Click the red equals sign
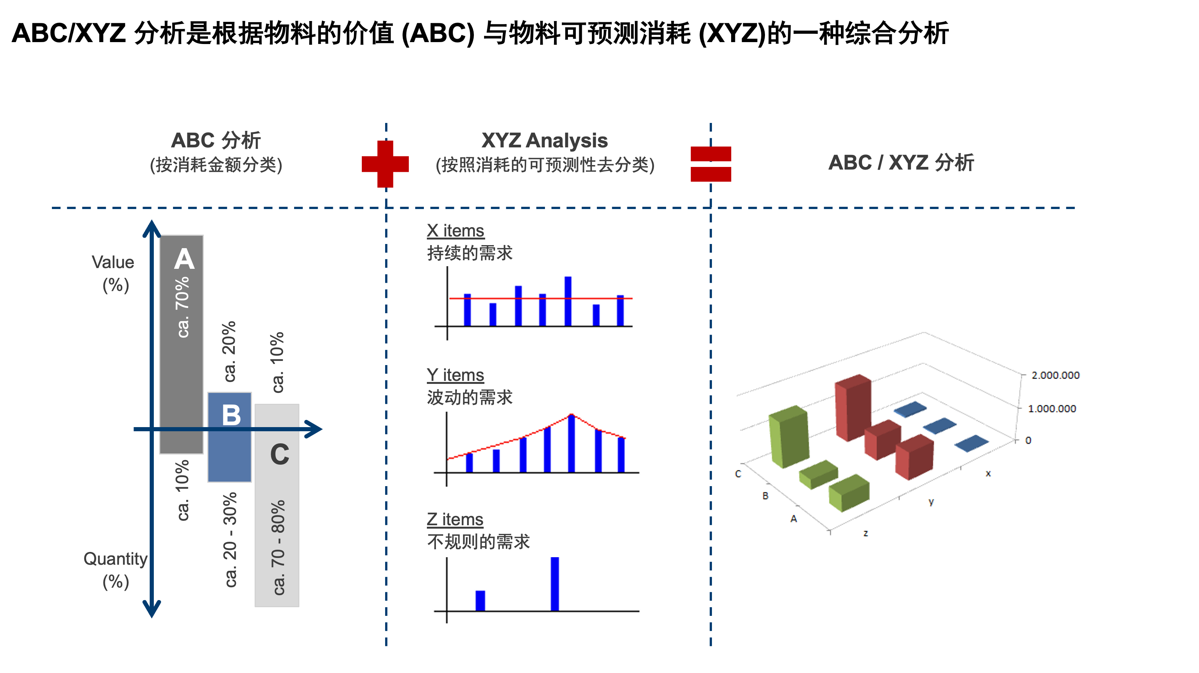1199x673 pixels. click(x=710, y=164)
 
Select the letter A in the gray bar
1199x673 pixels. click(x=184, y=259)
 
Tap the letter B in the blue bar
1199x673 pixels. click(x=231, y=415)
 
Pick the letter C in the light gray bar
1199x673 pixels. click(x=280, y=455)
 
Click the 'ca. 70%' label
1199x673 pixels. click(x=182, y=307)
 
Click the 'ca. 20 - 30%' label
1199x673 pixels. click(x=230, y=540)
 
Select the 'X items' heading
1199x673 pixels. click(x=455, y=231)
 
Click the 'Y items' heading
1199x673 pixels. click(x=455, y=375)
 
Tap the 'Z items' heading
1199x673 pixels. click(x=455, y=519)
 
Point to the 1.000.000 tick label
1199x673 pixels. click(x=1052, y=409)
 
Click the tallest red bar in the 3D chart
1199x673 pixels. click(x=853, y=408)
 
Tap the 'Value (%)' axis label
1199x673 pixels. click(x=113, y=274)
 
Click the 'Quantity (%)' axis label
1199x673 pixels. click(x=115, y=570)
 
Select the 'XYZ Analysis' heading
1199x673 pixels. click(x=545, y=140)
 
